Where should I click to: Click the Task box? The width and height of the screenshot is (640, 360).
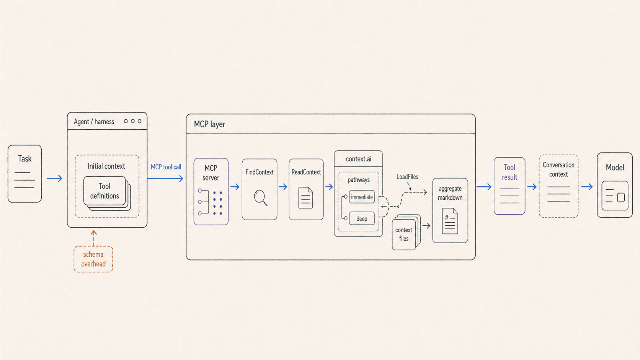(x=24, y=174)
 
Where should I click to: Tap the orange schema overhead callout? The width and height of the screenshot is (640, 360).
(x=93, y=259)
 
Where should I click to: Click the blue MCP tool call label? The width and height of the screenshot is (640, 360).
(x=166, y=167)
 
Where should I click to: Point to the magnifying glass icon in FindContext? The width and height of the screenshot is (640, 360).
(x=260, y=197)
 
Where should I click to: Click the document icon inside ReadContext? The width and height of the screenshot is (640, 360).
(x=305, y=197)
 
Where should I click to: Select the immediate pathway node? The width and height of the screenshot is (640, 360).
(x=362, y=197)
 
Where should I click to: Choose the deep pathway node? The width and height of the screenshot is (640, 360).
(x=362, y=219)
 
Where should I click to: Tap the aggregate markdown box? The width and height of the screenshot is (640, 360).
(x=450, y=210)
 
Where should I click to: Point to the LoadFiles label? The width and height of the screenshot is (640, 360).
(x=407, y=177)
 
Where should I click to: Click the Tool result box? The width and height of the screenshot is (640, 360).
(x=509, y=186)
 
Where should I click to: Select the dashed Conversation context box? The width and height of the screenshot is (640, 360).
(x=558, y=186)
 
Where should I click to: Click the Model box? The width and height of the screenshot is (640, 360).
(x=615, y=185)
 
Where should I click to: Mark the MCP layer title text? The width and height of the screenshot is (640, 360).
(x=209, y=124)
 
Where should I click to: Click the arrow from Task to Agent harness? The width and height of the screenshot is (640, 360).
(x=54, y=178)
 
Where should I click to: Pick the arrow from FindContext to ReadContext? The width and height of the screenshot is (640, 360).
(x=283, y=187)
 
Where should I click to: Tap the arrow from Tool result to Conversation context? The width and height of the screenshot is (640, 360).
(x=532, y=187)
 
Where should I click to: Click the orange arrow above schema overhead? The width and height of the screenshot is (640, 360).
(x=93, y=238)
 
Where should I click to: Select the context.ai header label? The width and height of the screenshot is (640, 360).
(x=359, y=159)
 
